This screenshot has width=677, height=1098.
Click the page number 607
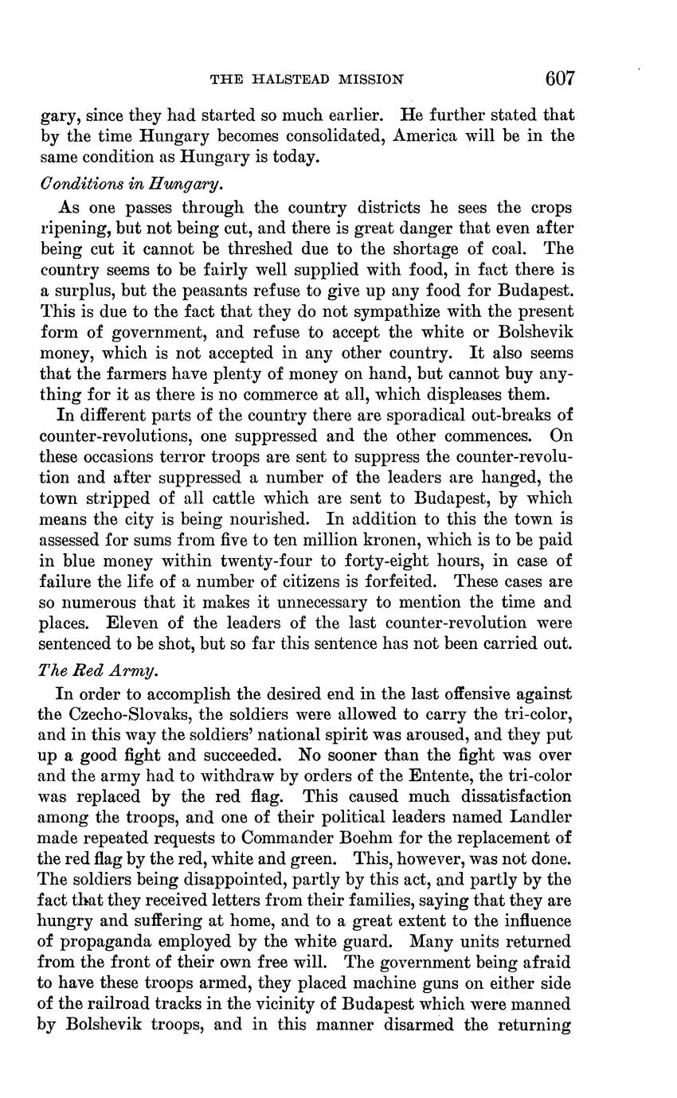(x=560, y=78)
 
